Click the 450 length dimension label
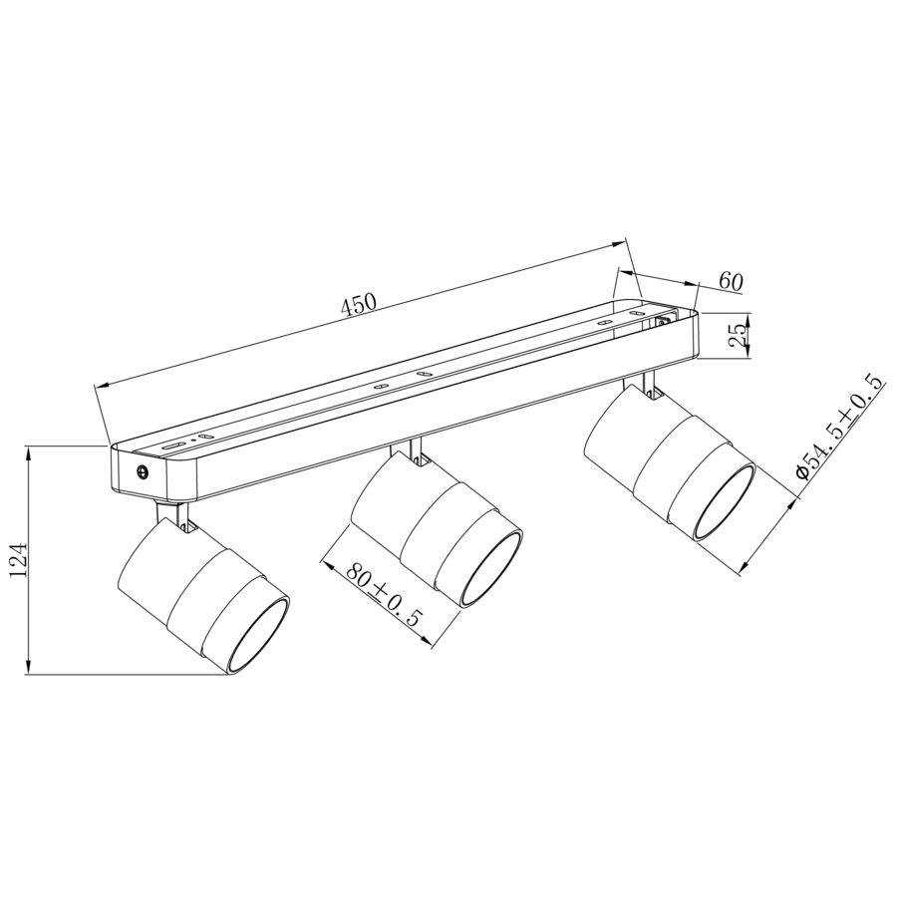[x=359, y=304]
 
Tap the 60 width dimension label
[x=731, y=281]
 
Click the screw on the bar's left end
[x=142, y=471]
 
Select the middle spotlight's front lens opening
[x=491, y=568]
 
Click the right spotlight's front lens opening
[x=725, y=500]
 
